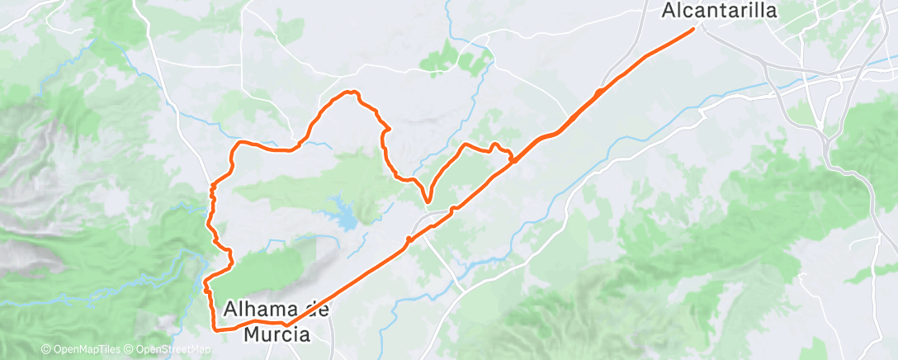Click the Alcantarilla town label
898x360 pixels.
[x=720, y=10]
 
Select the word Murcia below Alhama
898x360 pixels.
[x=277, y=334]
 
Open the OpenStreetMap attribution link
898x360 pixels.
[x=174, y=349]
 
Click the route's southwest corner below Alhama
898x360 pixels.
[x=217, y=329]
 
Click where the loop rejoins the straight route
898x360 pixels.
[x=513, y=159]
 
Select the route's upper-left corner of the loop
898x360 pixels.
[x=240, y=144]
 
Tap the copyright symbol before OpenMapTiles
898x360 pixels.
[x=45, y=349]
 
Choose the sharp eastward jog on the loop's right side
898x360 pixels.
[x=385, y=128]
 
